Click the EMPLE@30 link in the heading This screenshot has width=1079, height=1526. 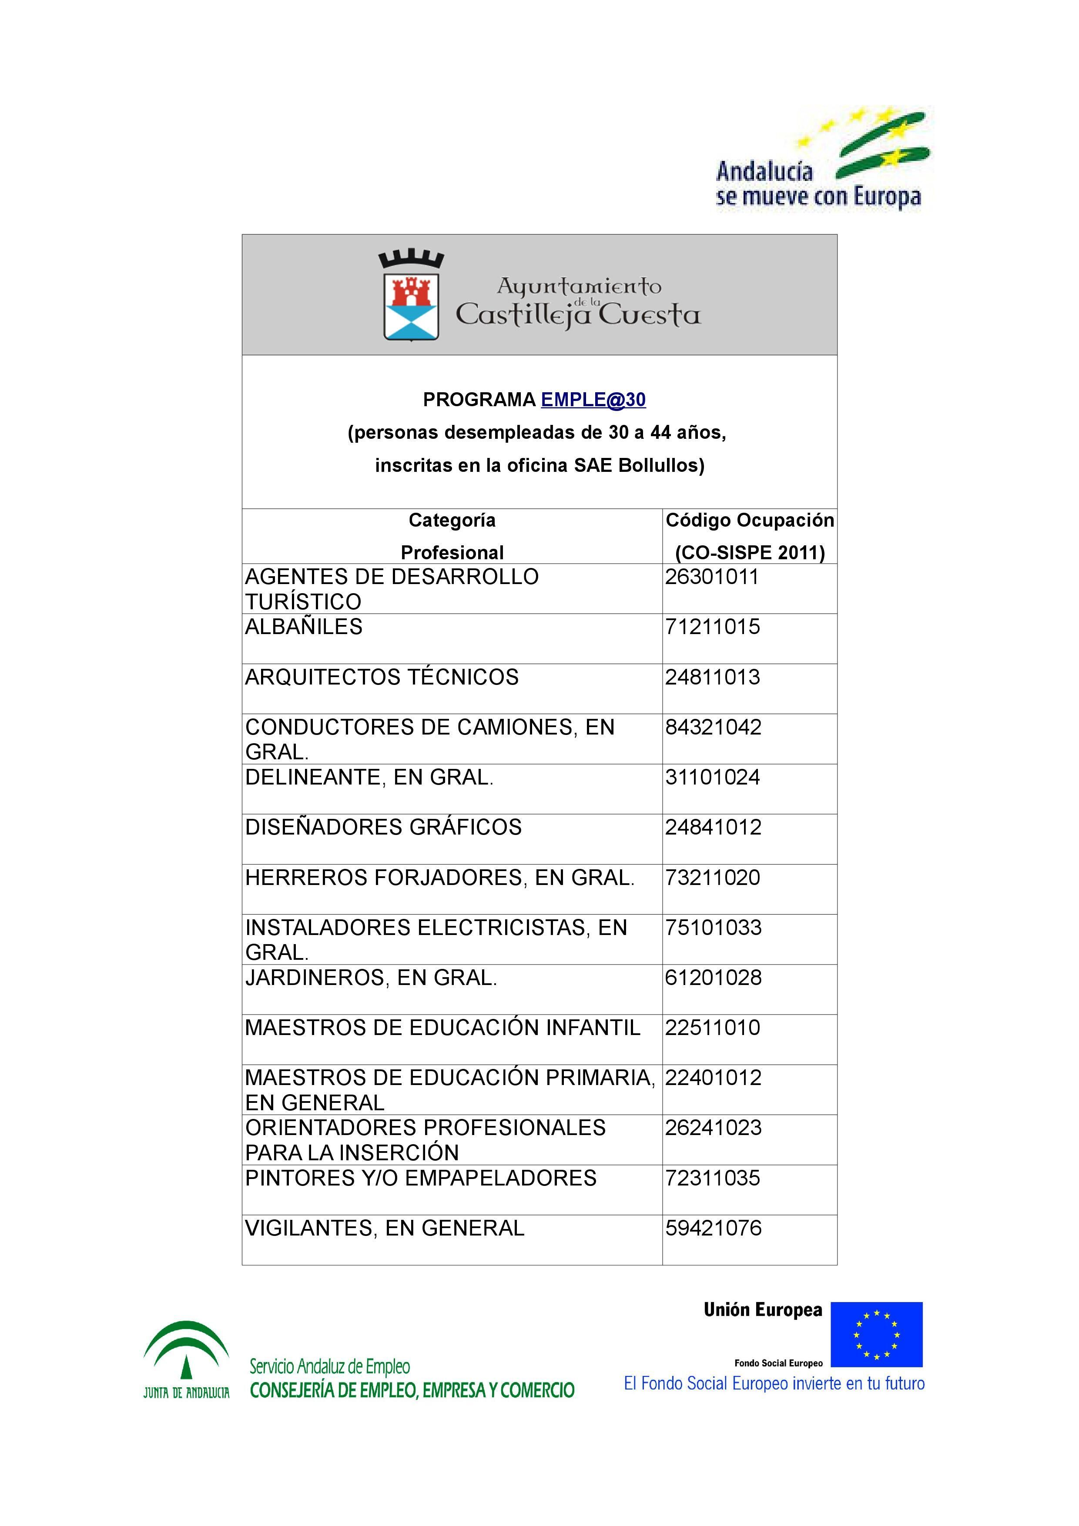point(593,400)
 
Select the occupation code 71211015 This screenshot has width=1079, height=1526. point(712,627)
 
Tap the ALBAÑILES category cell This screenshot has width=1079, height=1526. point(304,627)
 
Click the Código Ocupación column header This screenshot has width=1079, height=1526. point(749,521)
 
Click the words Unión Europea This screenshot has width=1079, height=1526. point(763,1310)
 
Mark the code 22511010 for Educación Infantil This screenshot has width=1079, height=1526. point(713,1028)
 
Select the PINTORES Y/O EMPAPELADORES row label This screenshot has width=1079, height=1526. point(421,1179)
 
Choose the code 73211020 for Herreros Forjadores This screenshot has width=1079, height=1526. point(713,877)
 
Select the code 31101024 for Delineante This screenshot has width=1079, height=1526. point(712,777)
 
